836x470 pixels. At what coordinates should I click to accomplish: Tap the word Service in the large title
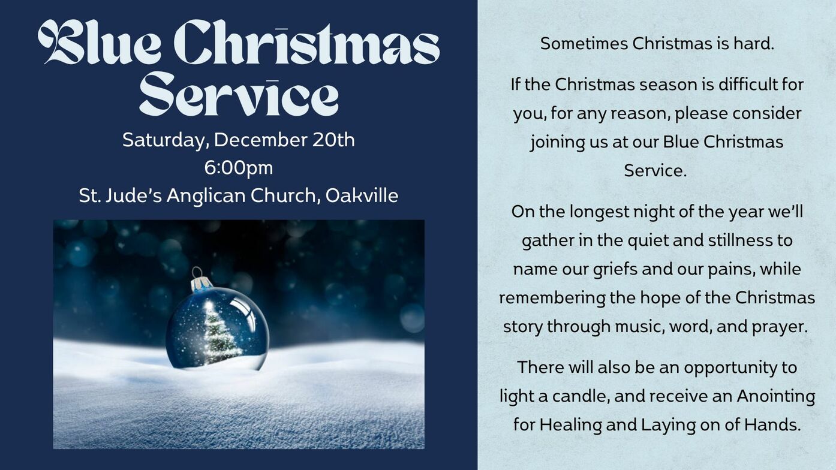(239, 94)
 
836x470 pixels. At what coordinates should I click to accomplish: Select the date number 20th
(333, 140)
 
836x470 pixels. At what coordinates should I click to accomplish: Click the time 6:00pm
(239, 168)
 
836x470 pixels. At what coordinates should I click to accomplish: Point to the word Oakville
(362, 195)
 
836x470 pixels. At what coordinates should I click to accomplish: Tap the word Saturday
(166, 141)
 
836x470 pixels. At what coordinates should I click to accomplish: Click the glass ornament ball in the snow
(217, 329)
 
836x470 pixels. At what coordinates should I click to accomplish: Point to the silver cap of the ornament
(201, 285)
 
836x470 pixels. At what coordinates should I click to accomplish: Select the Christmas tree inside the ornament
(219, 332)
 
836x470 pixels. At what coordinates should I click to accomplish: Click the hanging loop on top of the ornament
(196, 272)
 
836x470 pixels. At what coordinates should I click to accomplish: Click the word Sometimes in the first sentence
(584, 44)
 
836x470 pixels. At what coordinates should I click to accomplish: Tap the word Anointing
(776, 396)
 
